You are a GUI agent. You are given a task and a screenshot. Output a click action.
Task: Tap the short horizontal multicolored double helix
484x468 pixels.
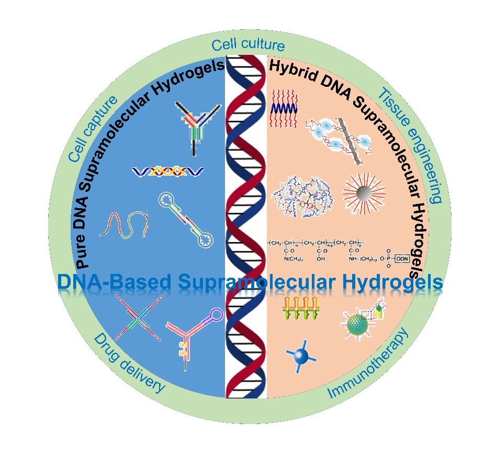tap(167, 171)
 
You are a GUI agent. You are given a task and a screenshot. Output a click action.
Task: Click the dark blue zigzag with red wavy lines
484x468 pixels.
tap(284, 108)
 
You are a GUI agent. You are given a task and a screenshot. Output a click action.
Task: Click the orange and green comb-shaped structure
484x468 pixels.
tap(300, 309)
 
